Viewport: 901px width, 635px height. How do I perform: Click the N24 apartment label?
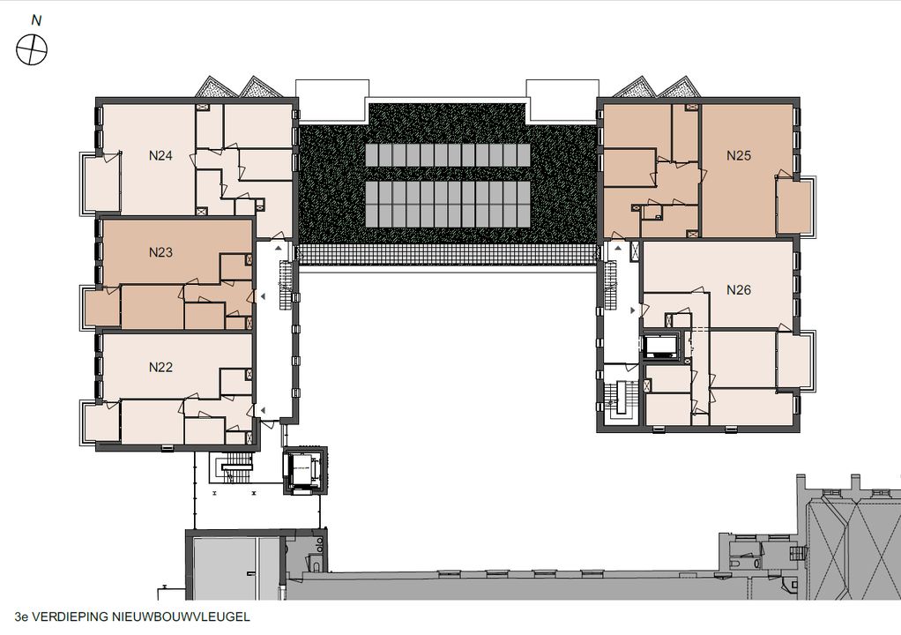[160, 155]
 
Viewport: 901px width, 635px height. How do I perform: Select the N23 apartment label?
[160, 252]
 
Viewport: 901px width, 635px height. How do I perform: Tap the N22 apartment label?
[160, 367]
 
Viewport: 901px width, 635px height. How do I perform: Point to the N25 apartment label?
[739, 155]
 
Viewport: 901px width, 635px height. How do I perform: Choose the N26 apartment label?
[739, 290]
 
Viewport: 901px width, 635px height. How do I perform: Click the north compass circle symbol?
[32, 49]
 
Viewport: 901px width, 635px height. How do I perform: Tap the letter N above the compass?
[36, 20]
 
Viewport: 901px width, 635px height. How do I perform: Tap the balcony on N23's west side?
[101, 308]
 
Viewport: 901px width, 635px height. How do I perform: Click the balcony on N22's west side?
[101, 422]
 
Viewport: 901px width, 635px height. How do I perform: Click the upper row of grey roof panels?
[448, 155]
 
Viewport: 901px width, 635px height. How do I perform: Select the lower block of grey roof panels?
[448, 204]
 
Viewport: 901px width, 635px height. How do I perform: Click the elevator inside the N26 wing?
[661, 347]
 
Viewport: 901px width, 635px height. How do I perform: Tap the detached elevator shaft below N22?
[304, 470]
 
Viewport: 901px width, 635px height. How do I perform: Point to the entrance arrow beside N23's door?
[263, 296]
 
